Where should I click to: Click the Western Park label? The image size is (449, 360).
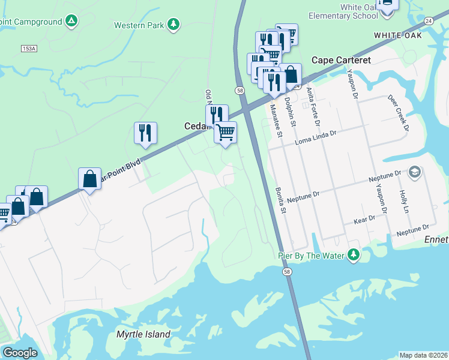click(139, 25)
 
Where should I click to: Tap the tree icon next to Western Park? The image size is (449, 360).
click(173, 24)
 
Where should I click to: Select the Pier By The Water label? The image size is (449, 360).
click(310, 256)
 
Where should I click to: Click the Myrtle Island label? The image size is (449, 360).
click(143, 334)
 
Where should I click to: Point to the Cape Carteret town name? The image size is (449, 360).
click(341, 60)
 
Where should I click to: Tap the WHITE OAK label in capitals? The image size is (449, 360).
click(397, 35)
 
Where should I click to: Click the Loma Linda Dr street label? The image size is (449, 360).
click(317, 142)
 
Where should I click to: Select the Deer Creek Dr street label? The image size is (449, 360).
click(399, 112)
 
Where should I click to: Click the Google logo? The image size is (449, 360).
click(20, 352)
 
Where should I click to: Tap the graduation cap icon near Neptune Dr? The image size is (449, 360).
click(414, 173)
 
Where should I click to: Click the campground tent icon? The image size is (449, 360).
click(71, 22)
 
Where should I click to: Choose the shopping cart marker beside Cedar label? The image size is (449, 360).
click(226, 132)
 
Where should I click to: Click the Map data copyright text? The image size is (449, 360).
click(423, 355)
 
